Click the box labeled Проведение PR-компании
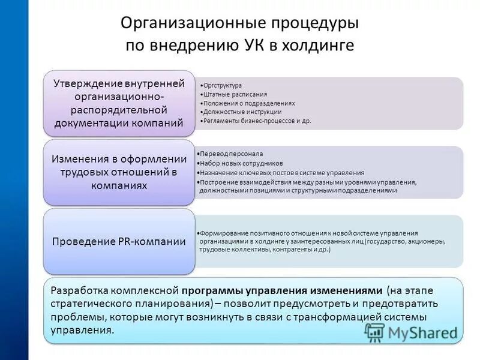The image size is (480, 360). [119, 242]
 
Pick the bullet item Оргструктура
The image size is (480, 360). [223, 85]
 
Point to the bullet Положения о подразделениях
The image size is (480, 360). [249, 103]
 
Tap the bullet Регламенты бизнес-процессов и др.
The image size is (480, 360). [257, 121]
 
